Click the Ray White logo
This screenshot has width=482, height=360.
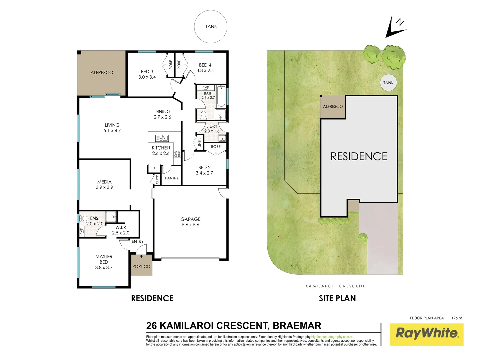(426, 334)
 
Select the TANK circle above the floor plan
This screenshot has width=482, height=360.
(211, 27)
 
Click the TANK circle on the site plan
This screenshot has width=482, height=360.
(388, 83)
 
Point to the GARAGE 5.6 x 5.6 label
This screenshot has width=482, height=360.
(191, 222)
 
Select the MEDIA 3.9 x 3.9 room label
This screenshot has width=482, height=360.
(104, 185)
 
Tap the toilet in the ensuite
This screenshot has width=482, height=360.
(84, 218)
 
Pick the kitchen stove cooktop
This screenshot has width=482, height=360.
(177, 154)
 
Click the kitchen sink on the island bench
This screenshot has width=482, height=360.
(162, 138)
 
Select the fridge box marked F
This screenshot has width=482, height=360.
(154, 169)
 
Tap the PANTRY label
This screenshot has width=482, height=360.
(172, 178)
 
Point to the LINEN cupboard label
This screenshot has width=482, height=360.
(200, 143)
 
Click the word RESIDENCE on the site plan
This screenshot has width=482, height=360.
(359, 156)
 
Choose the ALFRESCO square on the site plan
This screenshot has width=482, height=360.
(333, 107)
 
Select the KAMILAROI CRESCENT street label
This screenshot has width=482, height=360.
(335, 286)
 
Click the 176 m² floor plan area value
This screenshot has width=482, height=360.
(457, 318)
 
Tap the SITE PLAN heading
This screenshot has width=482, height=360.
(337, 298)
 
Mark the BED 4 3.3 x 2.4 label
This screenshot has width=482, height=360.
(205, 68)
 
